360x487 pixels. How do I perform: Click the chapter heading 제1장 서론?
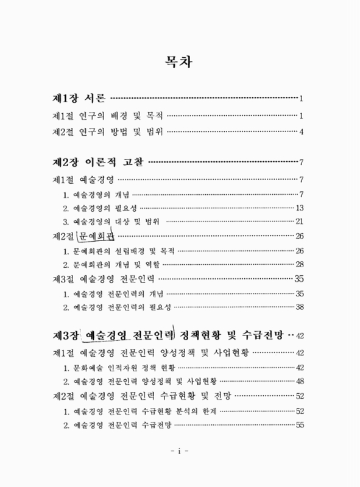tap(79, 98)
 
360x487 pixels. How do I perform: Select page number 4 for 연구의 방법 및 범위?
tap(301, 131)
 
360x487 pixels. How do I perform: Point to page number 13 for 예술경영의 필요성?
tap(299, 208)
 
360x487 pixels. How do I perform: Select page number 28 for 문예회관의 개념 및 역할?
tap(299, 265)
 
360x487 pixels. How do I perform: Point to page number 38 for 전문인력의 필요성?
tap(299, 307)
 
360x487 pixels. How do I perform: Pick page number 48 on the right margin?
tap(299, 382)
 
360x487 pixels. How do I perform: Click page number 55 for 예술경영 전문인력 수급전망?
tap(299, 425)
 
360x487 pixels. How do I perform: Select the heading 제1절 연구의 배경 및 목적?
tap(107, 116)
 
